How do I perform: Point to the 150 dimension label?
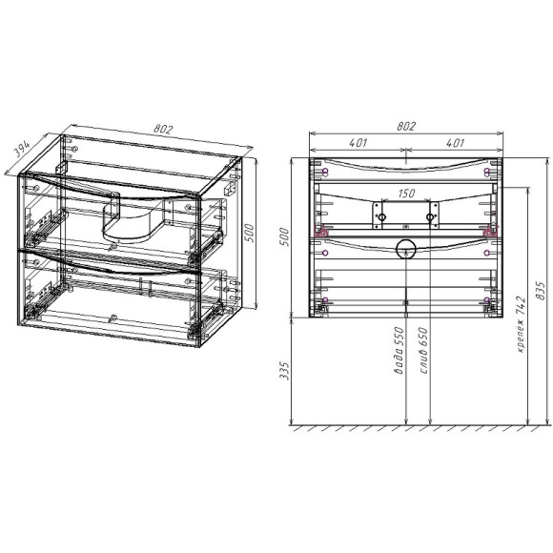tap(406, 194)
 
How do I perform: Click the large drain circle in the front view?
tap(406, 250)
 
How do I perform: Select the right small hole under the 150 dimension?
tap(430, 219)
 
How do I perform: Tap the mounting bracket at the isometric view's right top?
tap(230, 188)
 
